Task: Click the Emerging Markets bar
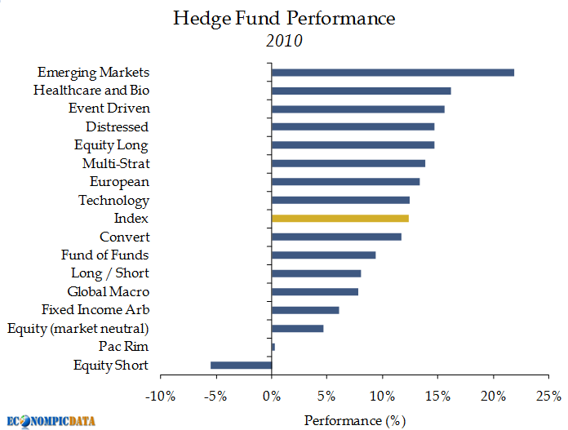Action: (x=393, y=73)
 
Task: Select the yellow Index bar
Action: (x=340, y=219)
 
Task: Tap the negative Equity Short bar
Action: (x=241, y=365)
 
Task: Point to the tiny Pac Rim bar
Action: (x=273, y=347)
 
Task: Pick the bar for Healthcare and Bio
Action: (x=361, y=91)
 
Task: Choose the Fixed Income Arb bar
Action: (x=305, y=310)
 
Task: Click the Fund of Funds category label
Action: (x=105, y=255)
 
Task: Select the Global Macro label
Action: (x=109, y=291)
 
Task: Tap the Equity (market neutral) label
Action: (x=78, y=328)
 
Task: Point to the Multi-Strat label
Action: (x=116, y=164)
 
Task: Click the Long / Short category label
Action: (x=110, y=273)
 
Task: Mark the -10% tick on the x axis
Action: (x=160, y=397)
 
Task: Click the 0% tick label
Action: (x=272, y=397)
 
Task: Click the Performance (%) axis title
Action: (x=354, y=420)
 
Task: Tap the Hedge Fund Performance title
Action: (x=284, y=18)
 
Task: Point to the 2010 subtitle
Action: (x=284, y=41)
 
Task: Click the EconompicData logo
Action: (x=51, y=421)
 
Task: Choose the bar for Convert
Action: (x=336, y=237)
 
